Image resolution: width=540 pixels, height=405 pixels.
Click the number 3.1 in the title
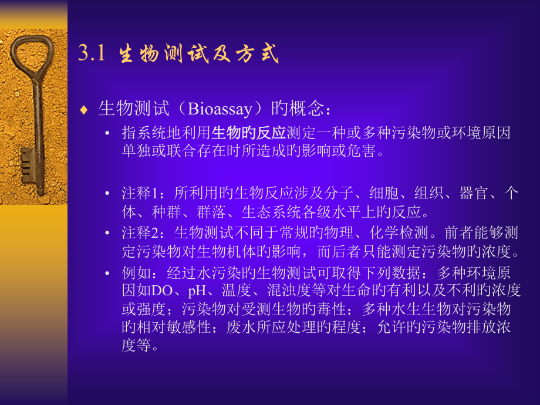(91, 55)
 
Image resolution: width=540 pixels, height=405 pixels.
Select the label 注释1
(137, 193)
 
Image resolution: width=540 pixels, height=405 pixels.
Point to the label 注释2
(137, 233)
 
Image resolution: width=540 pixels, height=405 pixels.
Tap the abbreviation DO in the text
(160, 290)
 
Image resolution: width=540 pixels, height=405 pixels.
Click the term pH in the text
(197, 290)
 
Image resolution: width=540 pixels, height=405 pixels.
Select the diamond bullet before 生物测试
(84, 110)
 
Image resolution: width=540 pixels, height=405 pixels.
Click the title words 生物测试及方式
(198, 55)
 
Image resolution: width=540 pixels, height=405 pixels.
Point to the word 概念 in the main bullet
(306, 109)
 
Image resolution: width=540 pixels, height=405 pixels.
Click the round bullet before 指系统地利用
(107, 134)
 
